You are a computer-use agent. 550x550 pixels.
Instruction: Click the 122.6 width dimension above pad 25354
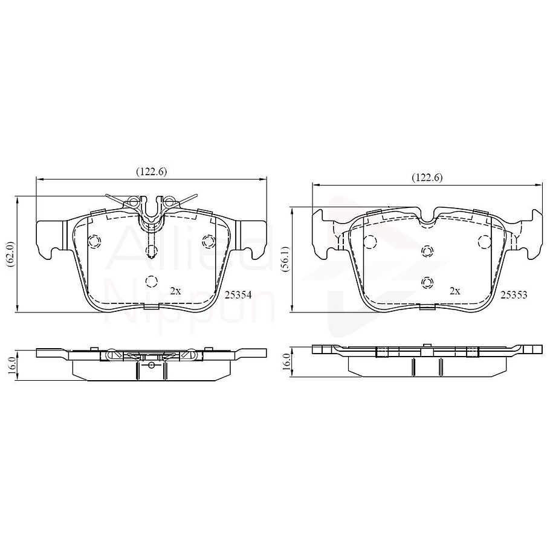[x=151, y=172]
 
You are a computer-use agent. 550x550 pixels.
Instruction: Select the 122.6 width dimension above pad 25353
[x=427, y=178]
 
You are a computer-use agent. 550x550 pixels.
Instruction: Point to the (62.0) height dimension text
[x=10, y=254]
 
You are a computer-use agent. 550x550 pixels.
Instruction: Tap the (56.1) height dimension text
[x=285, y=259]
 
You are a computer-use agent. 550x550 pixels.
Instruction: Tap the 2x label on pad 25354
[x=175, y=291]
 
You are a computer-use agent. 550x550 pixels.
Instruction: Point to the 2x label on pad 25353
[x=455, y=291]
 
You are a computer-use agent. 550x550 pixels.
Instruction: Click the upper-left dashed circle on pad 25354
[x=94, y=241]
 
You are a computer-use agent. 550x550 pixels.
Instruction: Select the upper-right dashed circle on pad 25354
[x=209, y=241]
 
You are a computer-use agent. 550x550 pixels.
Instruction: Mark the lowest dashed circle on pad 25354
[x=152, y=281]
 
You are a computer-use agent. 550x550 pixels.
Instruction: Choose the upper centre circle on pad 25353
[x=427, y=251]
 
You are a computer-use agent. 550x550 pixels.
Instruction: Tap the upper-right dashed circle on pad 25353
[x=484, y=242]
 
